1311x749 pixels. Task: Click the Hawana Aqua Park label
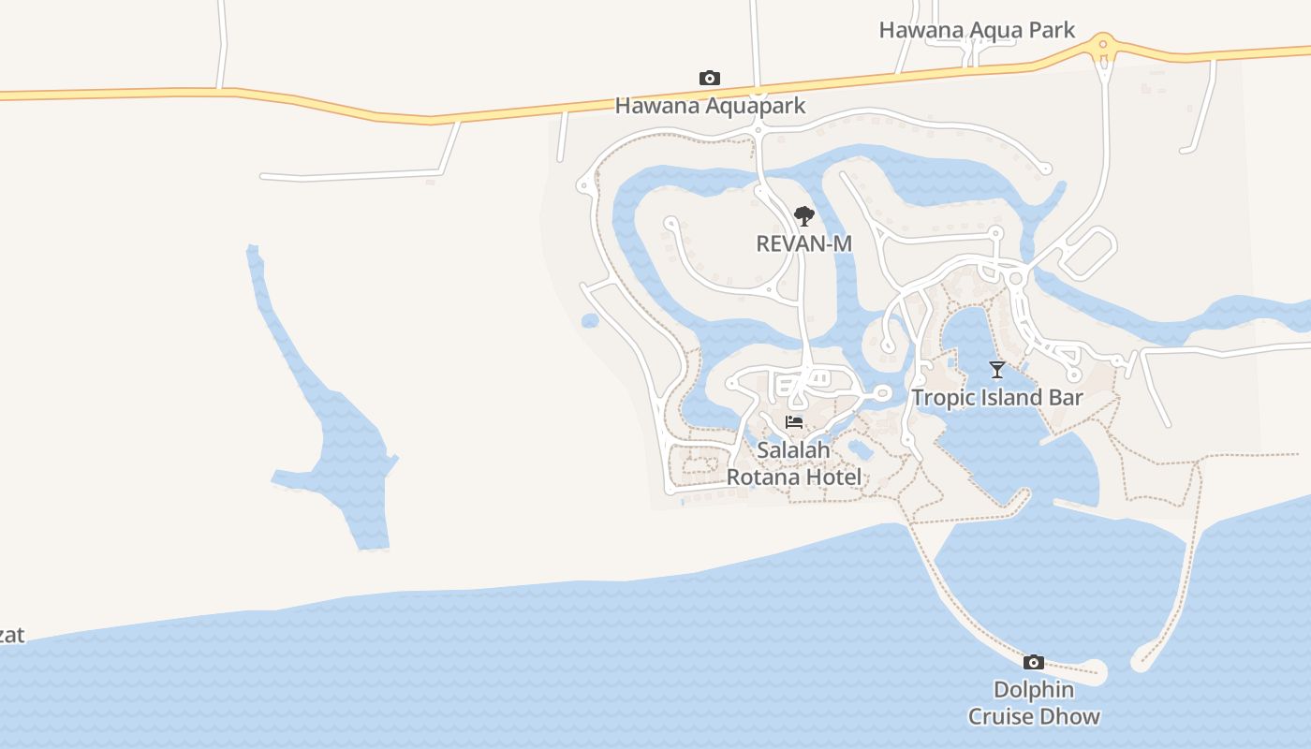coord(977,30)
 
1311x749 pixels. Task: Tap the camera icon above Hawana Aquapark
coord(710,78)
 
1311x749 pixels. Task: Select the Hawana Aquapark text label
coord(710,105)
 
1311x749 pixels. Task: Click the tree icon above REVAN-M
coord(803,216)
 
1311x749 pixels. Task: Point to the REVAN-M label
coord(803,243)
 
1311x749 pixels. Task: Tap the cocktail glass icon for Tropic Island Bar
coord(997,370)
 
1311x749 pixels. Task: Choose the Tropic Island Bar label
coord(997,397)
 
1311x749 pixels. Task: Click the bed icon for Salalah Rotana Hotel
coord(794,422)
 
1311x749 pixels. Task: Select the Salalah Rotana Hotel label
coord(794,463)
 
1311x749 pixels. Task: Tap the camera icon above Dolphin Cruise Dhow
coord(1033,663)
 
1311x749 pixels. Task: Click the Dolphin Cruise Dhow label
coord(1034,703)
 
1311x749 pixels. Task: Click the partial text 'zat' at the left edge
coord(11,636)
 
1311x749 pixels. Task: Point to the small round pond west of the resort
coord(590,321)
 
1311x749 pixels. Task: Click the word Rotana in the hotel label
coord(764,477)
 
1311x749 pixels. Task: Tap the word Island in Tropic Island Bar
coord(1007,397)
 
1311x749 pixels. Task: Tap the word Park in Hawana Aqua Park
coord(1052,30)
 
